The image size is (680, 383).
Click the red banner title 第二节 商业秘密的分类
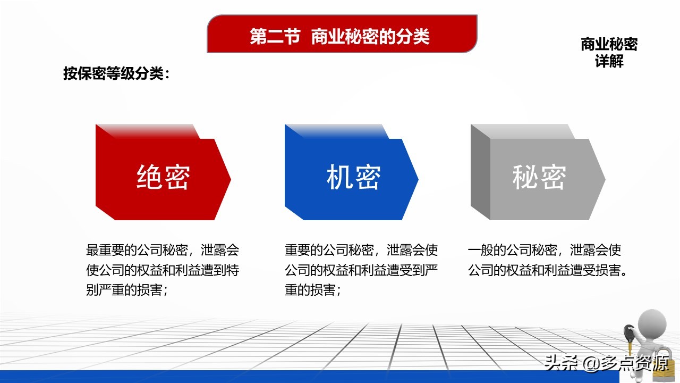pyautogui.click(x=339, y=37)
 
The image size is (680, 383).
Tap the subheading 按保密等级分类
pyautogui.click(x=113, y=73)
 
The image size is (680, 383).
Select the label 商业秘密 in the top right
pyautogui.click(x=609, y=44)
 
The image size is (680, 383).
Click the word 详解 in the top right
pyautogui.click(x=609, y=61)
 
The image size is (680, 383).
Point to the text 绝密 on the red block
pyautogui.click(x=163, y=177)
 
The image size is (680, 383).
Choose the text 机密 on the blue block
pyautogui.click(x=353, y=177)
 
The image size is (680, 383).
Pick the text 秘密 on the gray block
pyautogui.click(x=539, y=177)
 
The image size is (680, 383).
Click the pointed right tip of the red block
pyautogui.click(x=231, y=179)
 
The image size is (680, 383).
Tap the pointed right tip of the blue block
pyautogui.click(x=418, y=179)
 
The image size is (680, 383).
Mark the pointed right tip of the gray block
pyautogui.click(x=605, y=179)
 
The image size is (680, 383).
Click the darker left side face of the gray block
pyautogui.click(x=481, y=172)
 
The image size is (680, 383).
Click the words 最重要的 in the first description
pyautogui.click(x=112, y=250)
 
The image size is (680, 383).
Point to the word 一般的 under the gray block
pyautogui.click(x=487, y=250)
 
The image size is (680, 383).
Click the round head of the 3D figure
pyautogui.click(x=652, y=324)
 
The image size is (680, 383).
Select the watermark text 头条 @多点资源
pyautogui.click(x=607, y=363)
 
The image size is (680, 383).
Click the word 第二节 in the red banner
pyautogui.click(x=275, y=37)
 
